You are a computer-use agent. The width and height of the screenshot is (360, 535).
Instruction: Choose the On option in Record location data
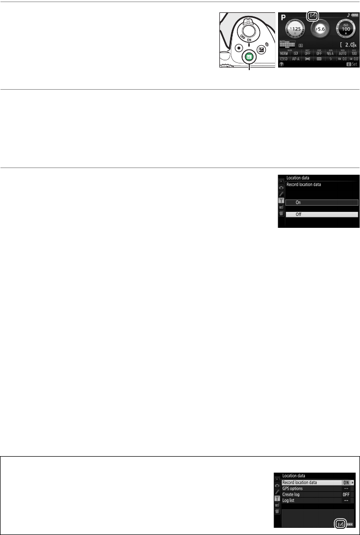[321, 203]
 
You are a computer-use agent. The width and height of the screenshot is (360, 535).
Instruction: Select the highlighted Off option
[321, 214]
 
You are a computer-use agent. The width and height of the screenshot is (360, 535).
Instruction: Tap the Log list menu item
[290, 500]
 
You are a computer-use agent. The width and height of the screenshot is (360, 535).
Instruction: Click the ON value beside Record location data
[346, 482]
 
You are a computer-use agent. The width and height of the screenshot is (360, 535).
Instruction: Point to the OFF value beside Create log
[346, 494]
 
